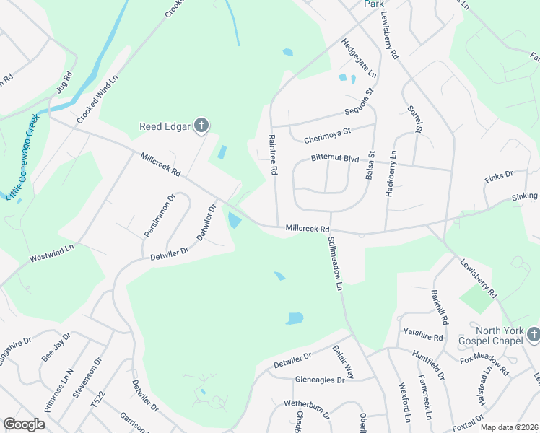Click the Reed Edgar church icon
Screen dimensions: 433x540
(201, 126)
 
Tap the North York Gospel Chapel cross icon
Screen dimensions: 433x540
(534, 334)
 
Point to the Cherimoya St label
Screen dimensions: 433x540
(326, 131)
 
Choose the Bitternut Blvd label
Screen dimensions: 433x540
(334, 157)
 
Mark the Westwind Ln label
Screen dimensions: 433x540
(52, 253)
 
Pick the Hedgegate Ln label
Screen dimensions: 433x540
(359, 58)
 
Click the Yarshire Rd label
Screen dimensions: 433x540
(423, 336)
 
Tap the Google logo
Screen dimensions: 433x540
(24, 424)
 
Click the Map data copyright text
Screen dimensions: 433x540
(509, 427)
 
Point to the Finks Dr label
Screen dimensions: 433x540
(498, 175)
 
